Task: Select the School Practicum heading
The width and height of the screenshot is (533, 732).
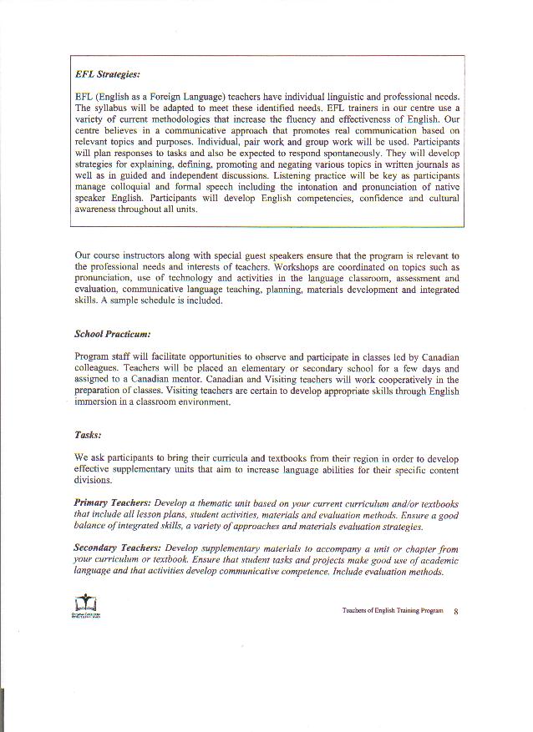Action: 112,334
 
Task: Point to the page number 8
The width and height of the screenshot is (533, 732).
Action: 456,612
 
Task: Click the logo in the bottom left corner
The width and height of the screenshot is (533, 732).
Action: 86,608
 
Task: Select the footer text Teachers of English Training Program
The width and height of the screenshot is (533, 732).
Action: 393,611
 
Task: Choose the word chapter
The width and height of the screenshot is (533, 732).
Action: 414,548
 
